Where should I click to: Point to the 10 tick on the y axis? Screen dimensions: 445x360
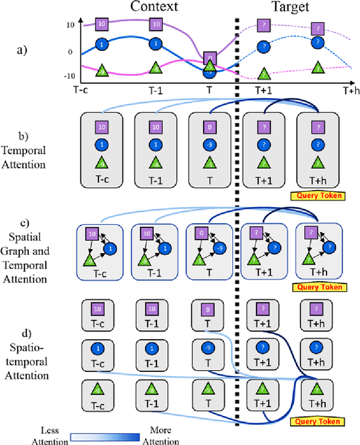coord(70,25)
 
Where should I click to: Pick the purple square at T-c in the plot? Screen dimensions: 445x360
coord(102,24)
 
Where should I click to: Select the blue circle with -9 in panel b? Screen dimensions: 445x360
coord(209,146)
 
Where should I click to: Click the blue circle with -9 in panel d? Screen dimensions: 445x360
coord(209,346)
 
